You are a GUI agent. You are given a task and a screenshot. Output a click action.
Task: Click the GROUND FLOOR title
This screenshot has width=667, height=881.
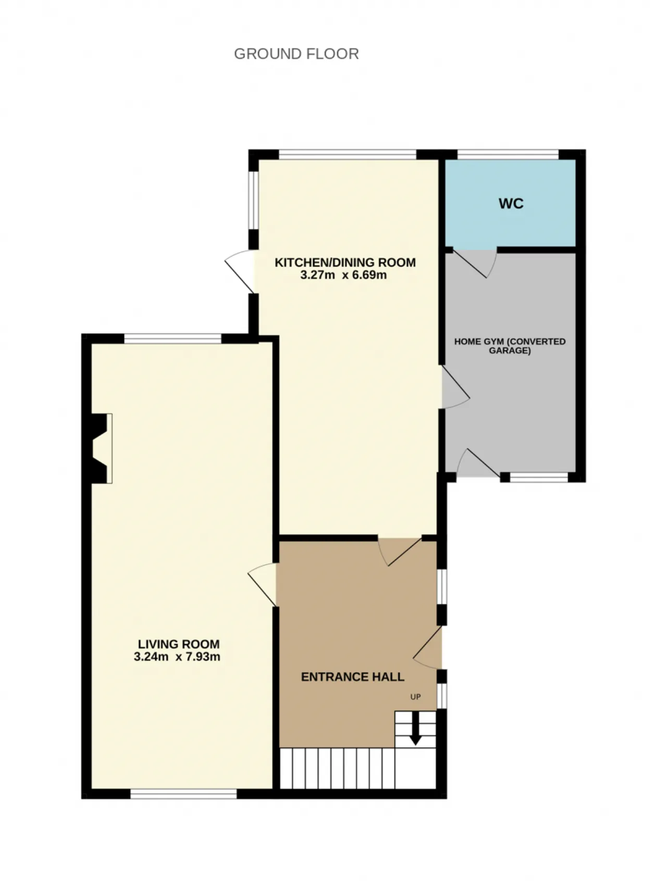click(296, 54)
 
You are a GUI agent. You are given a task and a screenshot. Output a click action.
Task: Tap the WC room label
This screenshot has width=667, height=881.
click(511, 204)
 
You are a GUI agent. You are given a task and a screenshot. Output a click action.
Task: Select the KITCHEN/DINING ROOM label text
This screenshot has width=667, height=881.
click(345, 262)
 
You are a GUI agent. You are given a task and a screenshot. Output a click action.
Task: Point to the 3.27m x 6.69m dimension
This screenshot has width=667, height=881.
click(343, 275)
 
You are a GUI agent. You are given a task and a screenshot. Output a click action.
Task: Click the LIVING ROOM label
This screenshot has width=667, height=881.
click(178, 644)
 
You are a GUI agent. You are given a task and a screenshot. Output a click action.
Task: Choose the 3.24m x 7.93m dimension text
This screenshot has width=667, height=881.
click(177, 657)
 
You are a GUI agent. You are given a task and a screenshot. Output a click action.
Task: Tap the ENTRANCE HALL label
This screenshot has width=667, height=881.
click(353, 677)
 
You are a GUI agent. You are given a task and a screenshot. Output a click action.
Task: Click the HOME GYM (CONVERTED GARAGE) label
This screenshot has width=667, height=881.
click(510, 346)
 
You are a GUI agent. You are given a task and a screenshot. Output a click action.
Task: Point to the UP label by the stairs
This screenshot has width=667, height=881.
click(415, 697)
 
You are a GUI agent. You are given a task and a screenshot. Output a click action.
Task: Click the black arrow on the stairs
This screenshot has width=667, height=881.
click(415, 729)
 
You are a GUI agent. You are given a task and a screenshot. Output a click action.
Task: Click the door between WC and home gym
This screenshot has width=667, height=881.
click(474, 263)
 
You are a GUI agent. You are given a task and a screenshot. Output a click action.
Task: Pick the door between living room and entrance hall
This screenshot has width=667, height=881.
click(263, 584)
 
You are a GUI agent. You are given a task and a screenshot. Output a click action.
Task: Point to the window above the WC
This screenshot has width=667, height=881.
click(508, 155)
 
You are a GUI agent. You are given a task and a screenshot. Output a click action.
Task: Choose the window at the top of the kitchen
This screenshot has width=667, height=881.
click(348, 155)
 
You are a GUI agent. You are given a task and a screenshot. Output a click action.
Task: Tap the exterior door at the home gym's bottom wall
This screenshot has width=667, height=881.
click(478, 463)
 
